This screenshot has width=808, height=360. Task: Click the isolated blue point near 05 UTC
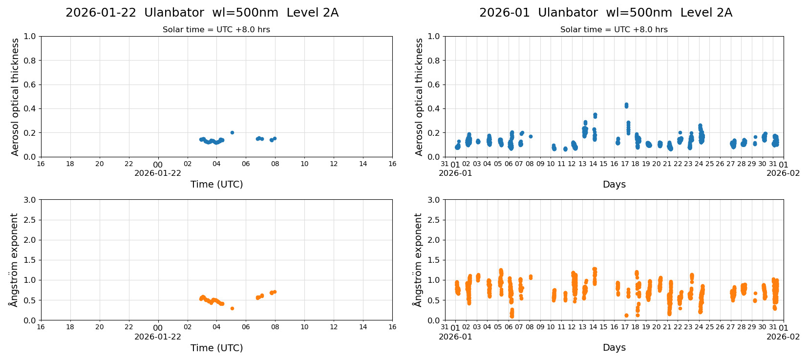point(232,132)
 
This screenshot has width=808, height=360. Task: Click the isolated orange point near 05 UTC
point(232,308)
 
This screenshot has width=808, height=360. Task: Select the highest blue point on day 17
point(626,105)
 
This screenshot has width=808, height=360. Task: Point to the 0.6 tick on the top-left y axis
point(30,85)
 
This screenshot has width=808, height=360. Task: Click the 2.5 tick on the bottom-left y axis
point(30,220)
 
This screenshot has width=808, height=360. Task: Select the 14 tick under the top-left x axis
point(363,164)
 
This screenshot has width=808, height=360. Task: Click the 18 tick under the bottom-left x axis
point(70,327)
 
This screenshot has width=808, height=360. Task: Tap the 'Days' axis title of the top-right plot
point(614,184)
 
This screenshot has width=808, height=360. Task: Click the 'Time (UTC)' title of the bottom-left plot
point(216,348)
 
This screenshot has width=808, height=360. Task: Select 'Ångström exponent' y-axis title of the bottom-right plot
point(418,260)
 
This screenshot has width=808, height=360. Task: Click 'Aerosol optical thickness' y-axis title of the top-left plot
point(15,97)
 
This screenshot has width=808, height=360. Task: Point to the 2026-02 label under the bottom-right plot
point(783,337)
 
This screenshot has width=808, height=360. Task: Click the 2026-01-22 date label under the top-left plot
point(158,173)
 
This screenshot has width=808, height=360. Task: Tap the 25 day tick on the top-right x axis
point(709,164)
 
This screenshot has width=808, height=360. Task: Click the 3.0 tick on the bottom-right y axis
point(434,200)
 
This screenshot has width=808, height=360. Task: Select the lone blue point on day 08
point(531,136)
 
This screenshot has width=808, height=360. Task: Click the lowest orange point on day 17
point(626,315)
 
